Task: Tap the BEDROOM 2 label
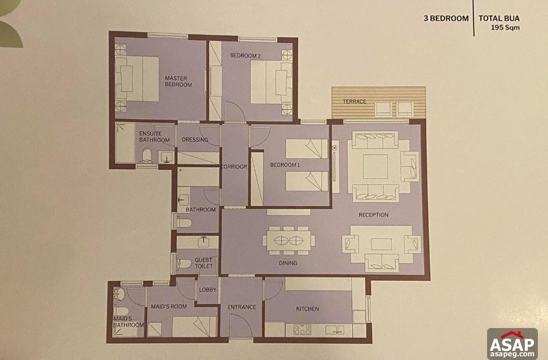pos(245,55)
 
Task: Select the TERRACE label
pos(354,101)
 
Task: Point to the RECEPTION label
pos(373,215)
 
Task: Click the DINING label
pos(288,263)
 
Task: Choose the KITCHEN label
pos(307,309)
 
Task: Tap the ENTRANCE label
pos(242,307)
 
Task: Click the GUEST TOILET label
pos(203,263)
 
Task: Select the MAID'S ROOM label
pos(169,306)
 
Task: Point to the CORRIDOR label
pos(233,167)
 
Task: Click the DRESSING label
pos(195,140)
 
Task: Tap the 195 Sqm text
pos(505,28)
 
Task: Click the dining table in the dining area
pos(288,240)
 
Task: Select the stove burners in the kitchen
pos(302,330)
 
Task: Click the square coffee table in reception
pos(375,167)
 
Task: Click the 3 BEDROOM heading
pos(446,19)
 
